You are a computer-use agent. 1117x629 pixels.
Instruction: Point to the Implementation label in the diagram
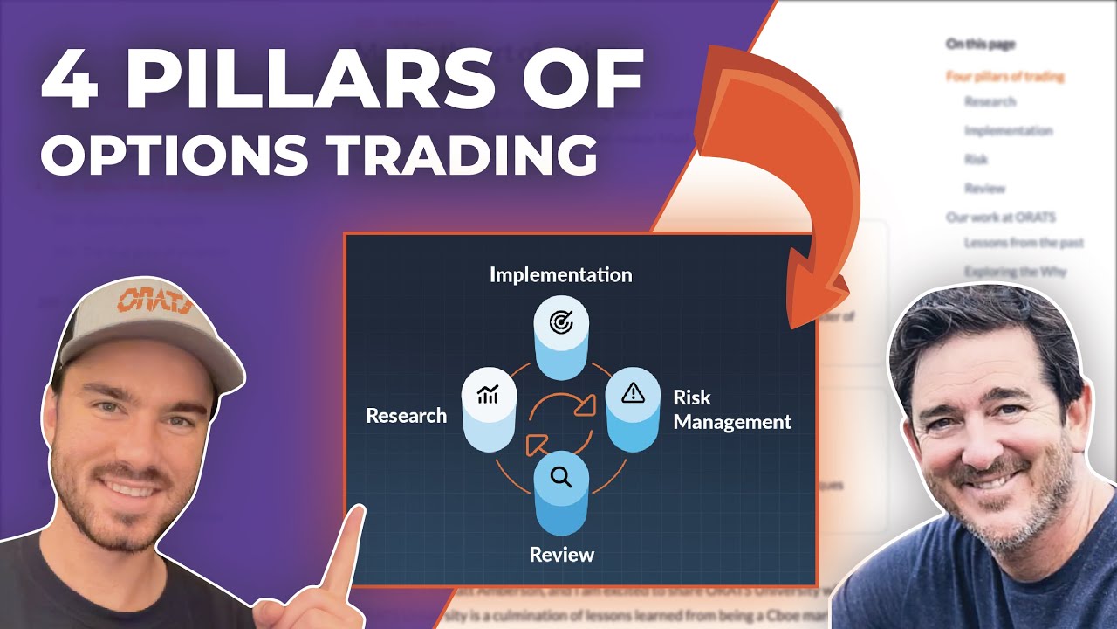coord(560,274)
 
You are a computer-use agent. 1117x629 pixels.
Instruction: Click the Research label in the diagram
coord(406,416)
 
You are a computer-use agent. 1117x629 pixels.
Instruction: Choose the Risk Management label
coord(731,410)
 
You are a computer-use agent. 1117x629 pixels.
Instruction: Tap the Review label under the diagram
coord(562,555)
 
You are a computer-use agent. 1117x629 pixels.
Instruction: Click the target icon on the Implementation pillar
coord(561,322)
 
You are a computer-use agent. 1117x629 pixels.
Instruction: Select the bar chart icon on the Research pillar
coord(489,395)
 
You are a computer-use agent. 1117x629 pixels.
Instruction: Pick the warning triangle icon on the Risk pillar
coord(632,394)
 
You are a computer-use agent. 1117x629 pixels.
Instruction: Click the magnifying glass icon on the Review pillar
coord(561,476)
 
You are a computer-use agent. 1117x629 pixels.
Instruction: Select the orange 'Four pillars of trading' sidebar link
coord(1004,77)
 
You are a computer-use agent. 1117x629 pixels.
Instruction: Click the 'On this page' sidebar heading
coord(980,44)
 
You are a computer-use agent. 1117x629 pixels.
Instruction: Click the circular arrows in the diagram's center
coord(561,425)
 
